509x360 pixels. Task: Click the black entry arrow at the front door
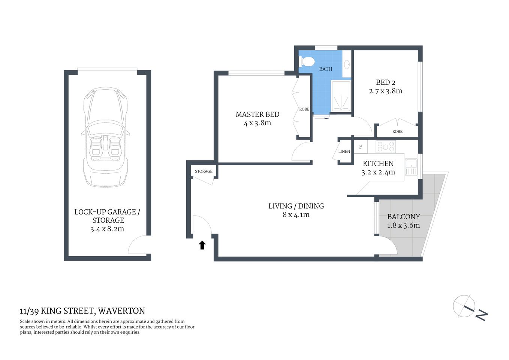[x=202, y=245]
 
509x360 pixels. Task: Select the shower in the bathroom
[x=341, y=96]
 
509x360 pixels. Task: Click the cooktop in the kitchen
[x=386, y=146]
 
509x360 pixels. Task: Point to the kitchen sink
[x=411, y=166]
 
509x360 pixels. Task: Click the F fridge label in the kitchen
[x=361, y=147]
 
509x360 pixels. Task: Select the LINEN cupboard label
[x=344, y=151]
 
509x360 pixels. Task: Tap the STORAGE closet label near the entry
[x=204, y=171]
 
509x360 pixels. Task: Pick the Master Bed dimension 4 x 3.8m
[x=257, y=123]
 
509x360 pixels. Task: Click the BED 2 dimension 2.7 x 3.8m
[x=385, y=91]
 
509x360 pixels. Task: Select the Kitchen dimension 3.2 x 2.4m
[x=378, y=172]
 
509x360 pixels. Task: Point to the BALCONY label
[x=403, y=217]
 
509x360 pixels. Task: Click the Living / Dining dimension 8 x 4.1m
[x=296, y=215]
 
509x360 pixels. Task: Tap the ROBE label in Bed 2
[x=397, y=132]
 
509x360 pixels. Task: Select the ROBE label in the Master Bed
[x=304, y=109]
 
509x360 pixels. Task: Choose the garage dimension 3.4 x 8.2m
[x=107, y=229]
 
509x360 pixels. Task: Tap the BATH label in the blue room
[x=325, y=69]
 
